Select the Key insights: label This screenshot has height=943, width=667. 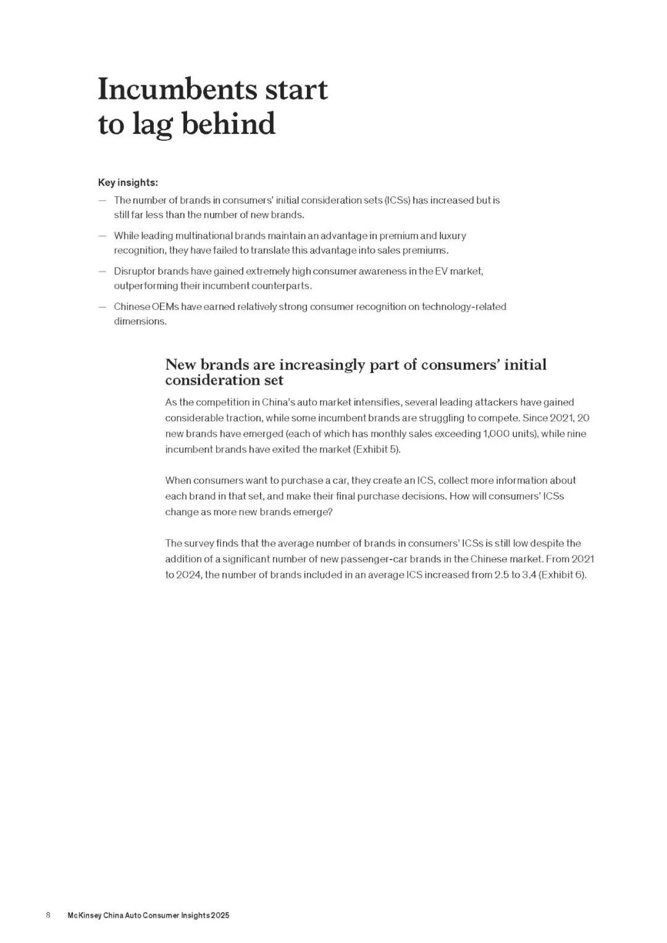click(x=128, y=182)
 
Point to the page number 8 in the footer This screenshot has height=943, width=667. click(x=48, y=915)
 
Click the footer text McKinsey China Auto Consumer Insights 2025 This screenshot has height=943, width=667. click(x=148, y=915)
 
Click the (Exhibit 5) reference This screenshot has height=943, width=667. click(x=377, y=450)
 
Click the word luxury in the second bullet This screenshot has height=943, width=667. click(x=453, y=236)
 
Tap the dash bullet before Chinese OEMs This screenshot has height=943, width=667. click(x=102, y=307)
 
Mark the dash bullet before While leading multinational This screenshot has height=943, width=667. click(x=102, y=236)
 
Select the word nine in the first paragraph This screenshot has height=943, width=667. click(x=576, y=434)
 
